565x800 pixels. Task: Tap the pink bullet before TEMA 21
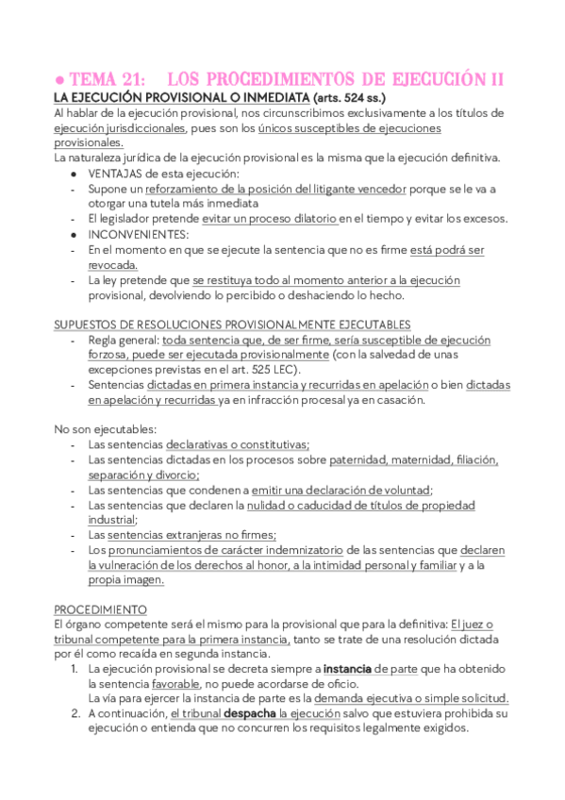58,81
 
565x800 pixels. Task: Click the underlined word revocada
113,265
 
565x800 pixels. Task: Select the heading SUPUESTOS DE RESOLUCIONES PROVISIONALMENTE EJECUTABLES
232,325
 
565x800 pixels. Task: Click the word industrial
111,519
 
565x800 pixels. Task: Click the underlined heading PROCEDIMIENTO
99,609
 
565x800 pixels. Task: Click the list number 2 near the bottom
76,714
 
